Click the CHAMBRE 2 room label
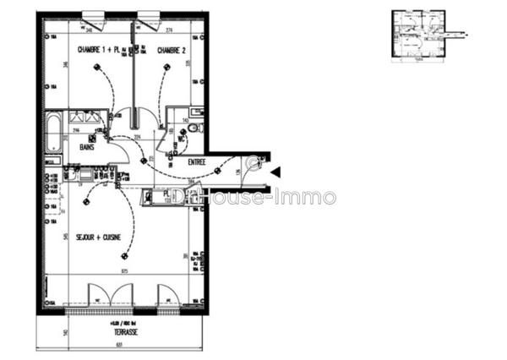pyautogui.click(x=172, y=50)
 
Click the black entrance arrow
pyautogui.click(x=275, y=172)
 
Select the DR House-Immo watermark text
pyautogui.click(x=253, y=198)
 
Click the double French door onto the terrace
pyautogui.click(x=111, y=295)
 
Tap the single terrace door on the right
pyautogui.click(x=166, y=295)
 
